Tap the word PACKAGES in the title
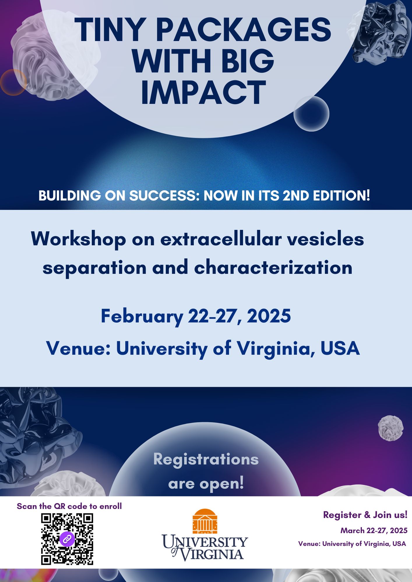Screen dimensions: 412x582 [244, 30]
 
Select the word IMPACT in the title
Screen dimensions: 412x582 [203, 92]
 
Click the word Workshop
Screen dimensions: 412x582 [78, 239]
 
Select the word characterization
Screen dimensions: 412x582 [273, 267]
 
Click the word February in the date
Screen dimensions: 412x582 [142, 317]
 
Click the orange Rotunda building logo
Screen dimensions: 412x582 [205, 521]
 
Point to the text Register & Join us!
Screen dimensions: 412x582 [365, 515]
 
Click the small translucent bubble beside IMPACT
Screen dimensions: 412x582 [311, 113]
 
